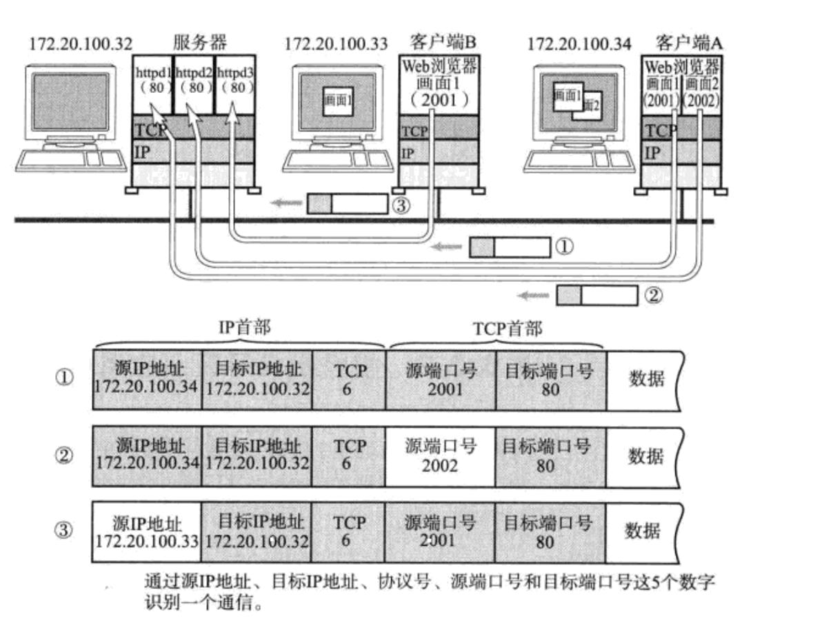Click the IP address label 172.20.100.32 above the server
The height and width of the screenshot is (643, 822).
[80, 44]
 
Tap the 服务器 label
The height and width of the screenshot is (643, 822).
[199, 43]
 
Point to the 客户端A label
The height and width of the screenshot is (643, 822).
[683, 43]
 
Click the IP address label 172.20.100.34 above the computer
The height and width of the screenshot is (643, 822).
[579, 44]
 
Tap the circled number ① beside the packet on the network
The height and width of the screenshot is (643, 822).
[564, 247]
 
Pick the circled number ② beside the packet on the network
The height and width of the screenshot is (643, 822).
[653, 296]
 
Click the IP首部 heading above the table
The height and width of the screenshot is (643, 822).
[245, 328]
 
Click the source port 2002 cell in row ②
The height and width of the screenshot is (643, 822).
[441, 456]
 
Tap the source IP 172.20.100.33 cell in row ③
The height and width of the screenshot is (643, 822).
[147, 531]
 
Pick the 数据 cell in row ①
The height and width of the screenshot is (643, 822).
[646, 379]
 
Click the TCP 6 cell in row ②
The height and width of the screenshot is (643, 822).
[349, 456]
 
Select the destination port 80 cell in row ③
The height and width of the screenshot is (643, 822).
[549, 531]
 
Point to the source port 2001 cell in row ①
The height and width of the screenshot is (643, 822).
[441, 380]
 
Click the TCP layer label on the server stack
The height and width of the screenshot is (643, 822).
[146, 128]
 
